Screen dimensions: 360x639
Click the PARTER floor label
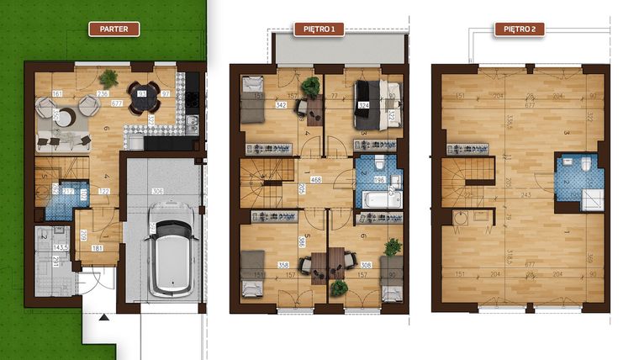click(x=114, y=29)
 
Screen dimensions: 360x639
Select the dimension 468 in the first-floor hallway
click(x=316, y=179)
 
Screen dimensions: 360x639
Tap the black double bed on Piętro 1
click(x=371, y=102)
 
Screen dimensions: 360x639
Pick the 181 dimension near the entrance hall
click(x=98, y=249)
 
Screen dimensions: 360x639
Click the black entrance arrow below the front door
click(x=103, y=318)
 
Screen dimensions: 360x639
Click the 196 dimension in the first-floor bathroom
click(x=378, y=179)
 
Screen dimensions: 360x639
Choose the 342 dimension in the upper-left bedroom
click(x=281, y=105)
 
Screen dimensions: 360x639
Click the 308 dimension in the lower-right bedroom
click(x=365, y=264)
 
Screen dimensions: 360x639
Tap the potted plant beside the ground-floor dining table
click(x=108, y=77)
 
